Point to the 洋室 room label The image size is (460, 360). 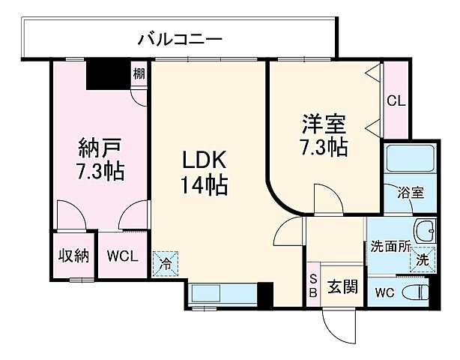click(324, 122)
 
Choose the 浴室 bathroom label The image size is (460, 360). click(411, 192)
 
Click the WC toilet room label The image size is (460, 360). click(383, 291)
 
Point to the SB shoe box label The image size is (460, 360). click(313, 286)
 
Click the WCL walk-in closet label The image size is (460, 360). click(121, 255)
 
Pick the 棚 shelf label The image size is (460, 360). click(139, 74)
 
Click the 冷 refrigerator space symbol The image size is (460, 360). click(166, 262)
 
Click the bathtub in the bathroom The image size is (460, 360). click(408, 160)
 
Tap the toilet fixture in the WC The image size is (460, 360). click(415, 291)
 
